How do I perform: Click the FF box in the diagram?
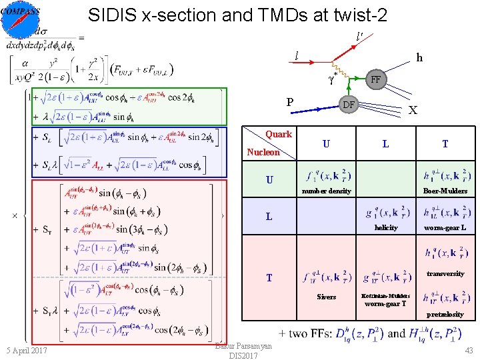[376, 80]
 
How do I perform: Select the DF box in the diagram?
[348, 105]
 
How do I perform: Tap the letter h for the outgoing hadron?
[419, 58]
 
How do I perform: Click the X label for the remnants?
[413, 111]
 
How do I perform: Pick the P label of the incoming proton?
[289, 102]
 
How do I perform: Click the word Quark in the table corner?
[279, 134]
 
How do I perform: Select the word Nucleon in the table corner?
[263, 152]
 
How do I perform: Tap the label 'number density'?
[326, 191]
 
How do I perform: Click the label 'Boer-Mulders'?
[445, 191]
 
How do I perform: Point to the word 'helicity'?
[386, 228]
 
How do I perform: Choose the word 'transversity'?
[445, 273]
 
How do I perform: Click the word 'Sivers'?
[326, 297]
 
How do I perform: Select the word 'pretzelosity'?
[445, 314]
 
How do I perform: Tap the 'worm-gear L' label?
[445, 228]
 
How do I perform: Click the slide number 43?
[467, 351]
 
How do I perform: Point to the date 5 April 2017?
[27, 351]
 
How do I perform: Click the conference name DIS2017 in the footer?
[243, 356]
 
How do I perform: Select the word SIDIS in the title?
[112, 15]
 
